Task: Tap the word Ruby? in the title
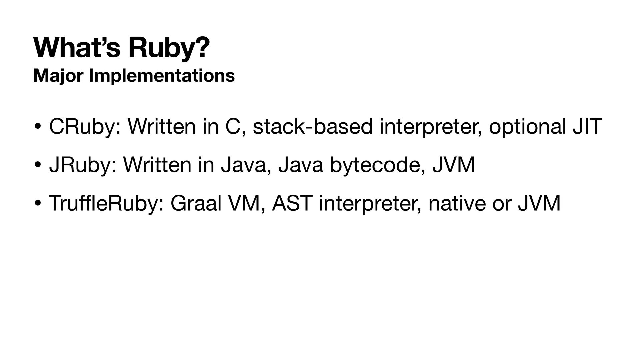click(x=169, y=49)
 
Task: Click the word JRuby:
click(x=83, y=165)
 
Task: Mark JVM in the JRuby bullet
click(x=453, y=165)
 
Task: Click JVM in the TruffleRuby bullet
click(x=539, y=203)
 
